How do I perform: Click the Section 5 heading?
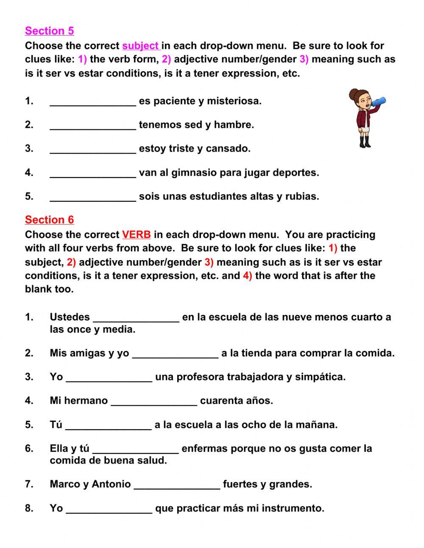[49, 31]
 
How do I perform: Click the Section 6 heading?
[49, 220]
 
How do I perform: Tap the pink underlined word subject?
[140, 46]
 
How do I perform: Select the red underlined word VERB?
[136, 235]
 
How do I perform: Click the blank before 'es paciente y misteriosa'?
[93, 101]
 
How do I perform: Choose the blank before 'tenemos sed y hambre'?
[93, 125]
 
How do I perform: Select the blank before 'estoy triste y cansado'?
[93, 149]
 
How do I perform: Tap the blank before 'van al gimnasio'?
[93, 173]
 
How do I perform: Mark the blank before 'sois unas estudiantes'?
[93, 197]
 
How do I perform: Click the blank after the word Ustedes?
[136, 318]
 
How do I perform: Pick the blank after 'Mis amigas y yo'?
[176, 354]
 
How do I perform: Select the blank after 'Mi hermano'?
[154, 401]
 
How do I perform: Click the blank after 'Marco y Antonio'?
[177, 485]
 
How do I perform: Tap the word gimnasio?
[190, 173]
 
